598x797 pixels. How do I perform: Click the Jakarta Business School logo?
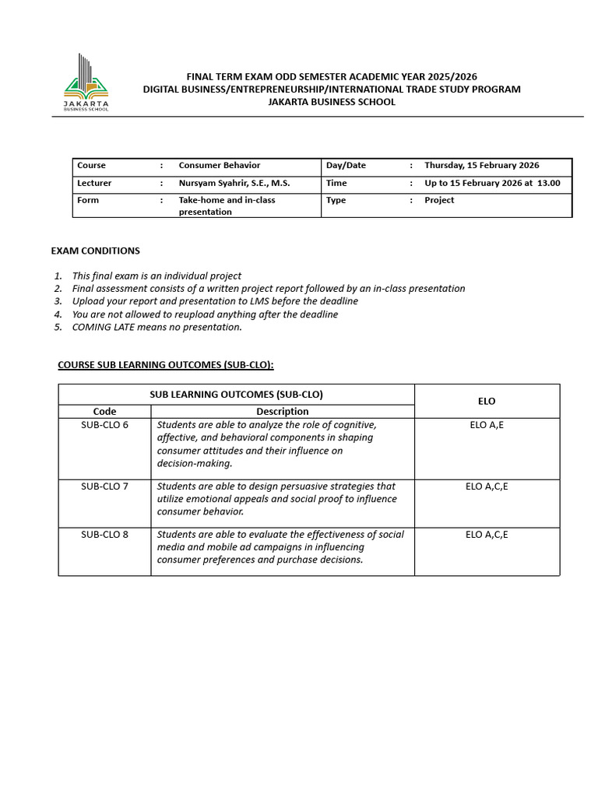(x=86, y=83)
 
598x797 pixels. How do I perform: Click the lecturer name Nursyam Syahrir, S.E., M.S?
(x=234, y=183)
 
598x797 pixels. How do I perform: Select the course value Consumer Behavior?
(x=219, y=165)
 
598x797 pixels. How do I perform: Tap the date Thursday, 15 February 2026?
(x=481, y=165)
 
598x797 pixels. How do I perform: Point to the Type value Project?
(x=439, y=200)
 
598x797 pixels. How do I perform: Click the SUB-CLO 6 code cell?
(x=104, y=425)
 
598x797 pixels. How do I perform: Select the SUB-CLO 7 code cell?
(x=104, y=486)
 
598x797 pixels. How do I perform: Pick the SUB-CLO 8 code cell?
(x=104, y=535)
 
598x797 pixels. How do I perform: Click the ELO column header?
(x=487, y=401)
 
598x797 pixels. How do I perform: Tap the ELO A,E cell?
(x=487, y=425)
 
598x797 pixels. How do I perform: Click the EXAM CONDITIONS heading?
(x=95, y=251)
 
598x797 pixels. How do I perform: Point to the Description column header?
(x=282, y=411)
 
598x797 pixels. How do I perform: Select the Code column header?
(x=104, y=411)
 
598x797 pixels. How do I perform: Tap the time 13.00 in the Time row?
(x=549, y=183)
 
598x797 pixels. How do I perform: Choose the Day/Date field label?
(x=346, y=165)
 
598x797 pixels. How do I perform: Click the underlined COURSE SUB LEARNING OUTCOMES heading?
(x=166, y=365)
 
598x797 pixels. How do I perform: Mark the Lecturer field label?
(x=94, y=183)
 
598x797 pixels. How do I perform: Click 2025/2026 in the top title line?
(x=448, y=76)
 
